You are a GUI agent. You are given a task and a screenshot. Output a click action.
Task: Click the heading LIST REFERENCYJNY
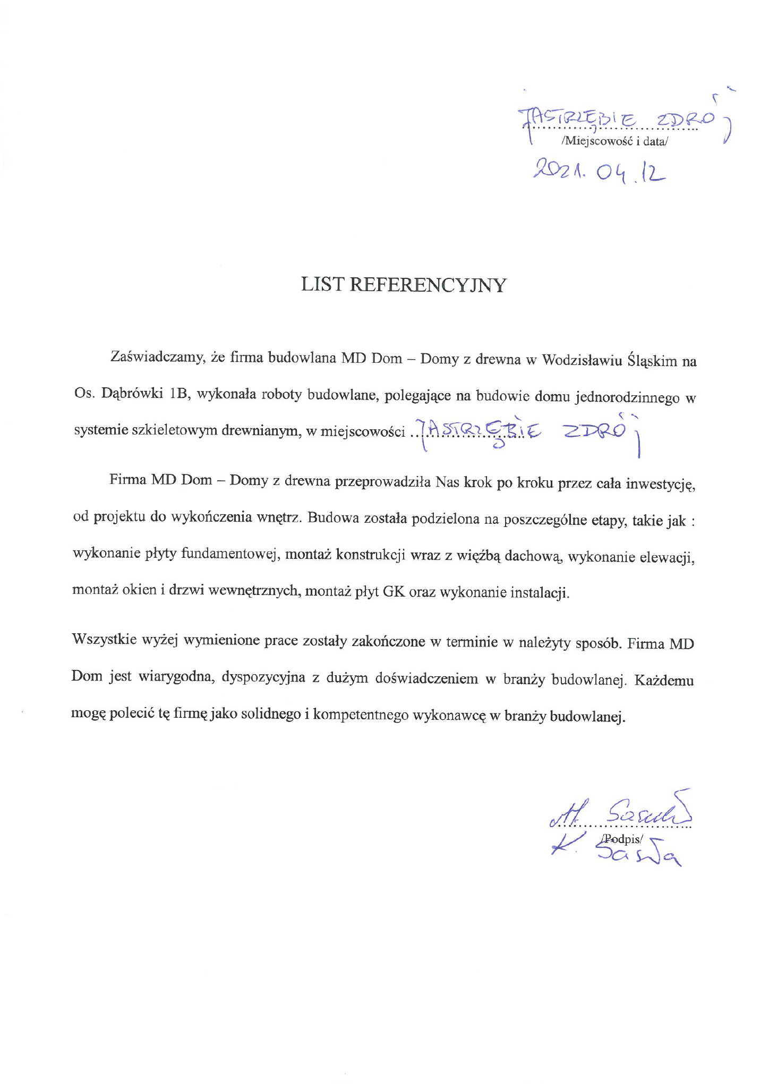coord(404,285)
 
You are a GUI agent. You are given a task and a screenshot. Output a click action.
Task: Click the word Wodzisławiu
coord(579,361)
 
